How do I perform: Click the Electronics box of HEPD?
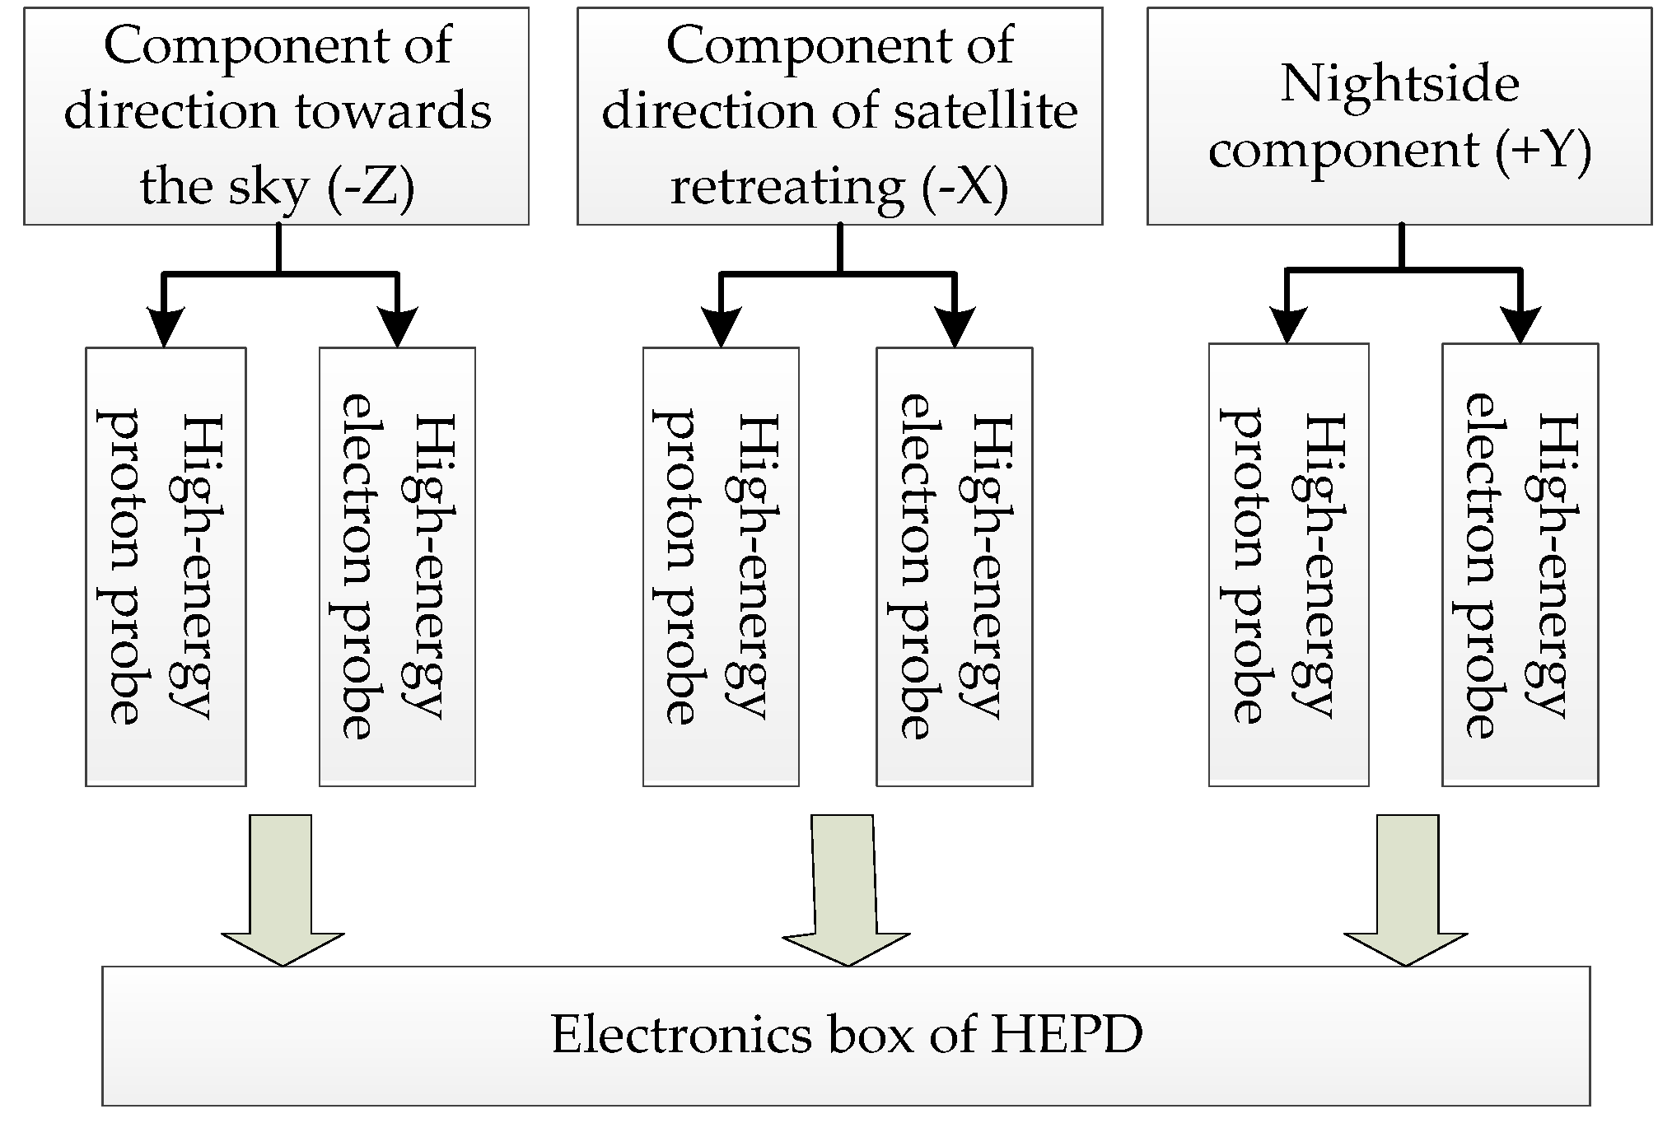[846, 1035]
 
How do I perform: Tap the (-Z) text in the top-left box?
[371, 187]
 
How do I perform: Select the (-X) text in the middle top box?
[964, 187]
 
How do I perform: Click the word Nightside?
[1399, 84]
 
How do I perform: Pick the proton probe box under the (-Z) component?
[166, 566]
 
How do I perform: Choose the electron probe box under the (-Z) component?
[397, 566]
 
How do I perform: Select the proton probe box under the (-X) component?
[721, 566]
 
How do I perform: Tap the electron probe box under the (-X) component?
[954, 566]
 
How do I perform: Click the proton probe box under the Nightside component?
[1288, 565]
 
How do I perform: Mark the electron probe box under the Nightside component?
[1520, 565]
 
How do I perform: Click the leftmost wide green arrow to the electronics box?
[282, 889]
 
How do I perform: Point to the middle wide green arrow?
[844, 889]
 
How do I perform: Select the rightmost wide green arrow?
[1406, 889]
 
